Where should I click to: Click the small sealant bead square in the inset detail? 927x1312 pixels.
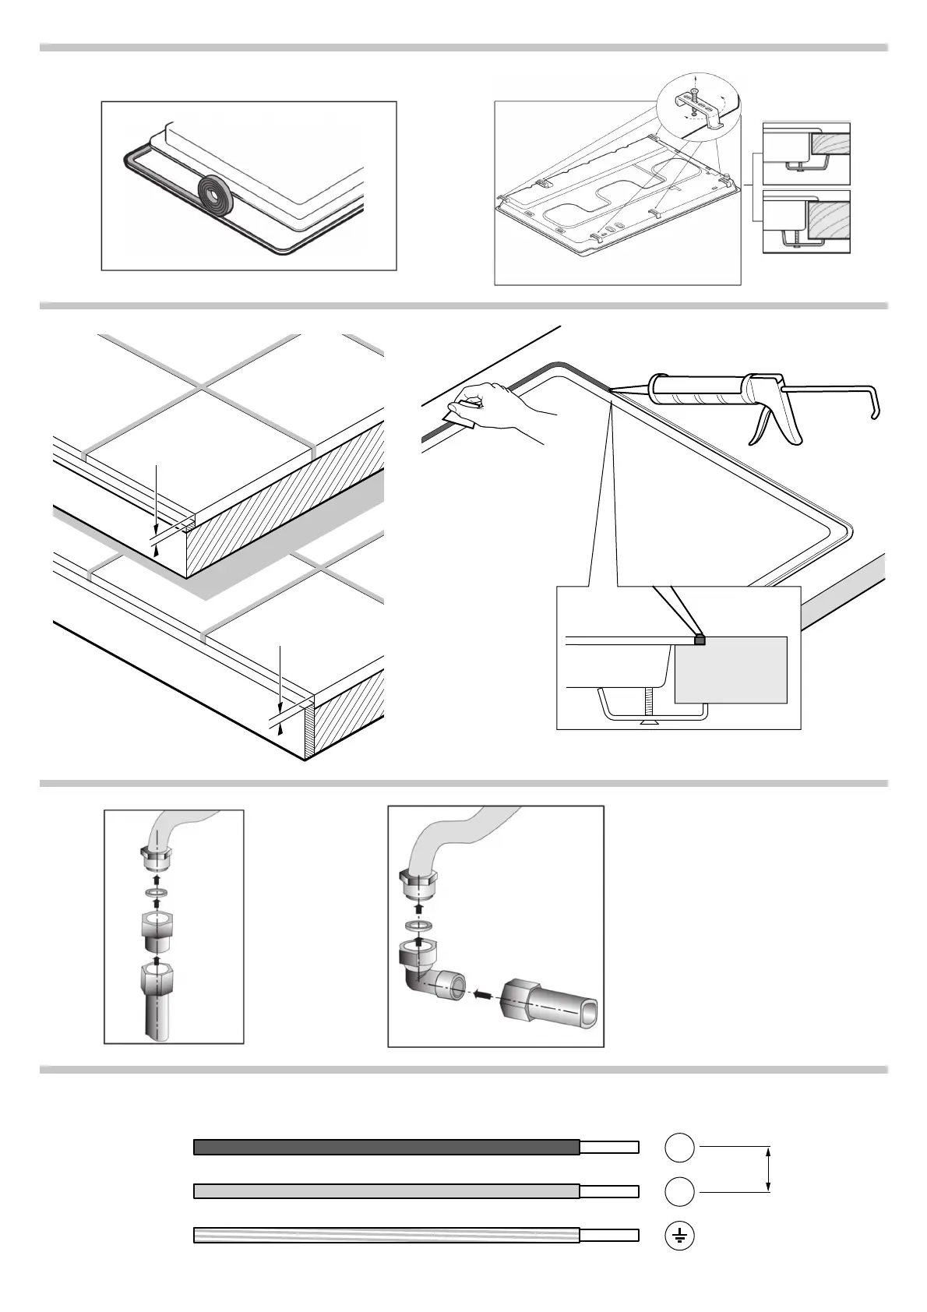[x=700, y=640]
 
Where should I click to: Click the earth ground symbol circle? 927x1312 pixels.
[x=679, y=1236]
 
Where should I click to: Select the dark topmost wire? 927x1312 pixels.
[x=386, y=1147]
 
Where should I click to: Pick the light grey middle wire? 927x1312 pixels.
[x=386, y=1191]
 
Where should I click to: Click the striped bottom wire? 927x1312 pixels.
[x=386, y=1236]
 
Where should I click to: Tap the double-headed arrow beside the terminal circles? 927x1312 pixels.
[x=769, y=1169]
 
